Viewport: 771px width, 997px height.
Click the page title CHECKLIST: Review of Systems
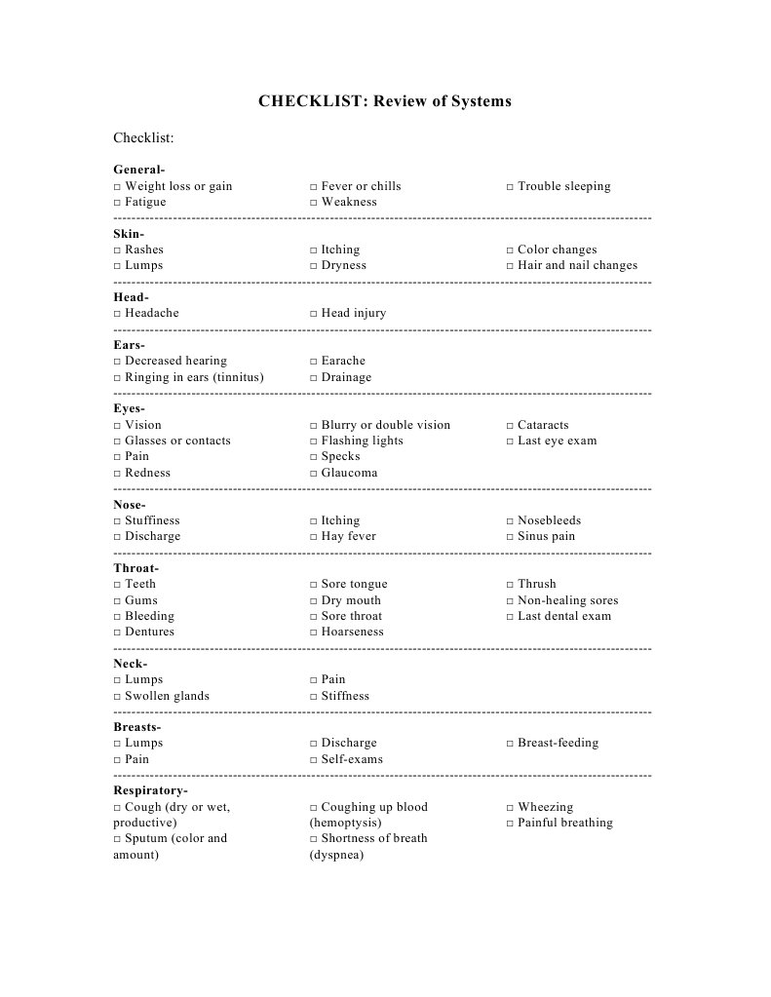pyautogui.click(x=384, y=101)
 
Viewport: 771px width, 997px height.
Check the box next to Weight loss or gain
pyautogui.click(x=117, y=187)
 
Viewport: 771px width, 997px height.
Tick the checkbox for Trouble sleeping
pyautogui.click(x=510, y=187)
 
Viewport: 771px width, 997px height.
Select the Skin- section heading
pyautogui.click(x=129, y=234)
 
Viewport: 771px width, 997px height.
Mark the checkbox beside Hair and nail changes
pyautogui.click(x=510, y=266)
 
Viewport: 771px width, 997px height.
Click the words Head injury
pyautogui.click(x=353, y=313)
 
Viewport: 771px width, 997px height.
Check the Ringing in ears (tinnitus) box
pyautogui.click(x=117, y=378)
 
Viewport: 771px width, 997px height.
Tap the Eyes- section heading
pyautogui.click(x=129, y=408)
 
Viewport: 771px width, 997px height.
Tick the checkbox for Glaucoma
pyautogui.click(x=314, y=474)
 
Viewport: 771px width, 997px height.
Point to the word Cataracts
pyautogui.click(x=543, y=425)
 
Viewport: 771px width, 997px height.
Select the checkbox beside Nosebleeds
pyautogui.click(x=510, y=521)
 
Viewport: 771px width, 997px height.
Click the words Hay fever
pyautogui.click(x=348, y=536)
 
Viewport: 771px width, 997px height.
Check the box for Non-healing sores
pyautogui.click(x=510, y=601)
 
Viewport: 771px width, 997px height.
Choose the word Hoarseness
pyautogui.click(x=352, y=632)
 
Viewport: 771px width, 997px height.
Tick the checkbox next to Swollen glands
pyautogui.click(x=117, y=697)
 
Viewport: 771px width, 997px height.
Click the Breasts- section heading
pyautogui.click(x=136, y=727)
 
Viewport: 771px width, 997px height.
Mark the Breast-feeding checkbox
pyautogui.click(x=510, y=744)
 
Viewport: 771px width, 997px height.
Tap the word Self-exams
pyautogui.click(x=352, y=759)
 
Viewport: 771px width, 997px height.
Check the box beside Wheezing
pyautogui.click(x=510, y=808)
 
